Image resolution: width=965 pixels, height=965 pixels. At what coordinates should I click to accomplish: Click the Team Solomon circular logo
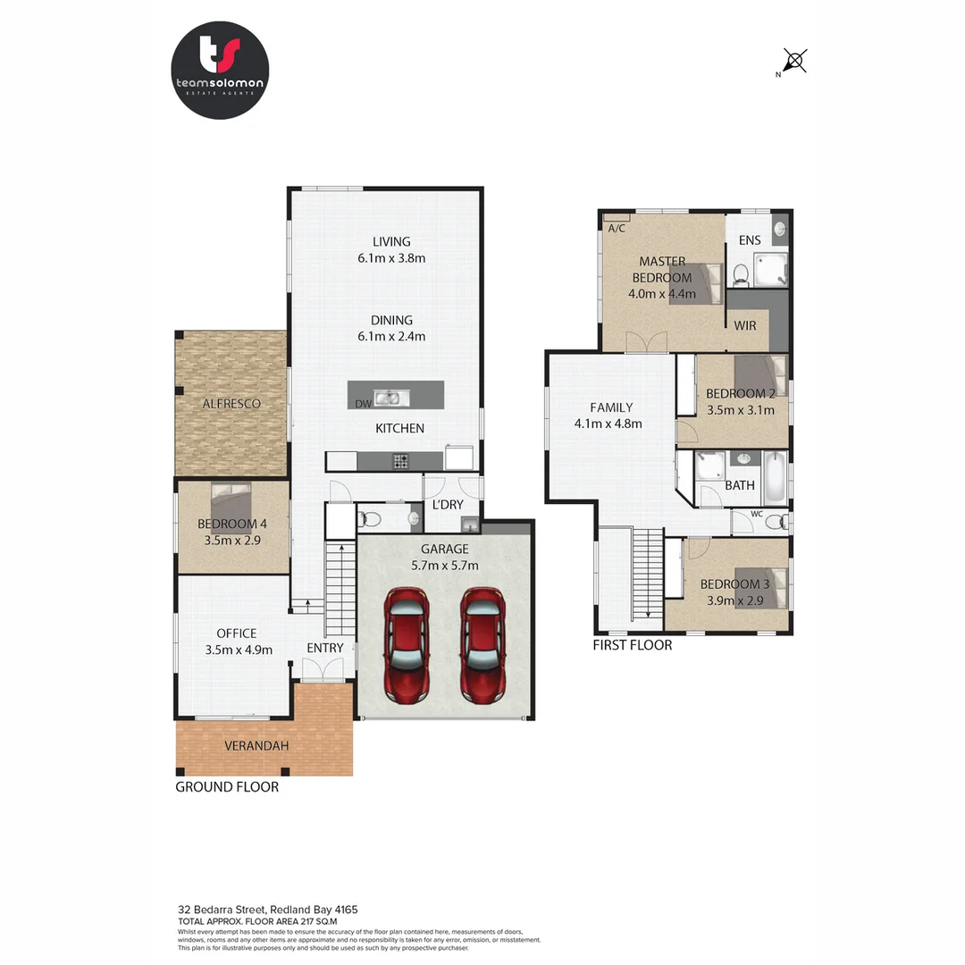pyautogui.click(x=220, y=71)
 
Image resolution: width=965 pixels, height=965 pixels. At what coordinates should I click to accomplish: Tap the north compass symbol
pyautogui.click(x=793, y=61)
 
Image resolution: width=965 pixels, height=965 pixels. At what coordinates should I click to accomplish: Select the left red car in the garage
pyautogui.click(x=407, y=644)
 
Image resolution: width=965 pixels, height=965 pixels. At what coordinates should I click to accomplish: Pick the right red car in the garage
pyautogui.click(x=483, y=644)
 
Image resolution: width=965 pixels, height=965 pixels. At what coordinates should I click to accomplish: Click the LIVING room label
pyautogui.click(x=391, y=241)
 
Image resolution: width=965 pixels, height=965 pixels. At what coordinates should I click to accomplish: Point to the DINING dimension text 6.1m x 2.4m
pyautogui.click(x=391, y=337)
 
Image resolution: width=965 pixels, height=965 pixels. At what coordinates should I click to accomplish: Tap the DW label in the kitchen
pyautogui.click(x=363, y=405)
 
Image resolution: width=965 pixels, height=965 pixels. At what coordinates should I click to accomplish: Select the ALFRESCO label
pyautogui.click(x=231, y=404)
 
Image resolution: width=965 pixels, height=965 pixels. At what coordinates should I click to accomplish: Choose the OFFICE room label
pyautogui.click(x=236, y=634)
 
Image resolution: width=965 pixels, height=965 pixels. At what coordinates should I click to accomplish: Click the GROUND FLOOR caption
pyautogui.click(x=227, y=787)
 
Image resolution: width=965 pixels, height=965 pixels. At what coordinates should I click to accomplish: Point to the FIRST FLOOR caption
pyautogui.click(x=633, y=644)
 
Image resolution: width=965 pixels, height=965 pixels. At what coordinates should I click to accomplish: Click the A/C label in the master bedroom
pyautogui.click(x=617, y=229)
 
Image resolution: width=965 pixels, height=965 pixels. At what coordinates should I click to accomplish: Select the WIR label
pyautogui.click(x=745, y=325)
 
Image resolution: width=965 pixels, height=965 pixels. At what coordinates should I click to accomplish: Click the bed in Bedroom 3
pyautogui.click(x=759, y=587)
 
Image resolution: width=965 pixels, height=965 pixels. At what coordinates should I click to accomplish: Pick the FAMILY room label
pyautogui.click(x=611, y=407)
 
